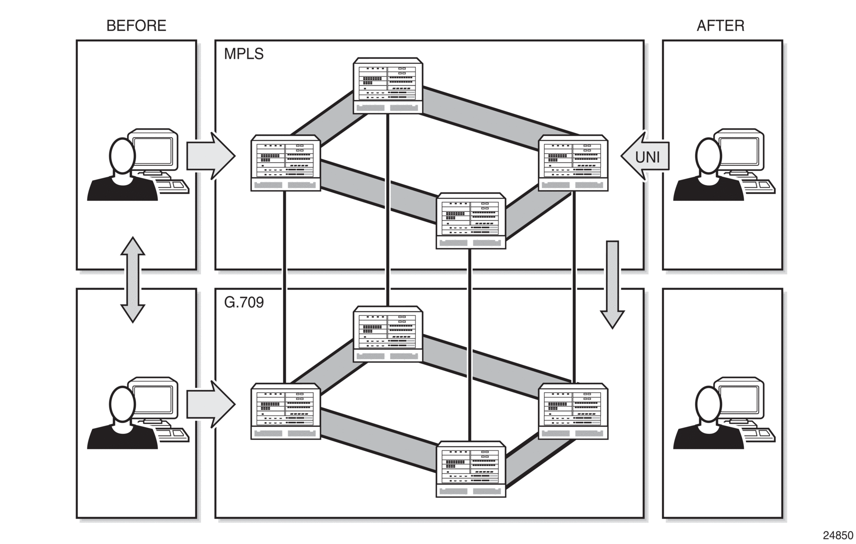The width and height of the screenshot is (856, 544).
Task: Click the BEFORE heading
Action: [136, 25]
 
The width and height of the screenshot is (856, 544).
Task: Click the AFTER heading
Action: [720, 25]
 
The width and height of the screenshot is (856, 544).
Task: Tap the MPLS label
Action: [244, 54]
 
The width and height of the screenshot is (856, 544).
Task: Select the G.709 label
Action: [244, 302]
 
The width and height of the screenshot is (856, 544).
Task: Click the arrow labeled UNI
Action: [645, 156]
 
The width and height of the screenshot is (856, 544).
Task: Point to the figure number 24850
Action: [838, 535]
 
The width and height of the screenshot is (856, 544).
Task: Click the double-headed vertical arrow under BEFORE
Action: [133, 280]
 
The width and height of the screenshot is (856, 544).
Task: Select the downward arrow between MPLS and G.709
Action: [612, 284]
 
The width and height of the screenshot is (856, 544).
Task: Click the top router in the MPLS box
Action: [388, 86]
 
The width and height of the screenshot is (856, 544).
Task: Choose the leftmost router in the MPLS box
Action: [285, 163]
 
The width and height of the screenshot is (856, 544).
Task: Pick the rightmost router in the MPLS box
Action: [573, 163]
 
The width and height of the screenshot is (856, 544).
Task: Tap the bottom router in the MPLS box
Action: [471, 221]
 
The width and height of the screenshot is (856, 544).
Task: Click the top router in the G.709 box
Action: [388, 334]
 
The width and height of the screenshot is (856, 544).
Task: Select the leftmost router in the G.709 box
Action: [285, 411]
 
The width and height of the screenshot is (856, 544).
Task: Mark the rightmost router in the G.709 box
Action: [573, 411]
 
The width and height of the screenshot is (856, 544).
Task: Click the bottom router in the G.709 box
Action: [471, 469]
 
